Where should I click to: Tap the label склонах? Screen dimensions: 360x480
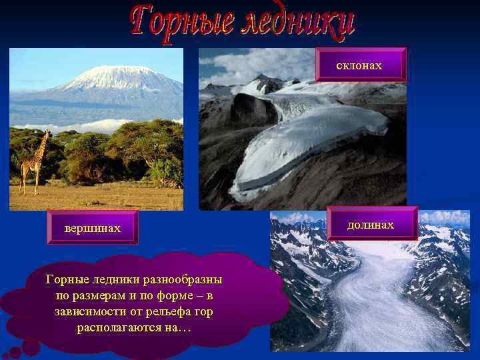[x=360, y=65]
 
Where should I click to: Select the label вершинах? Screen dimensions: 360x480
[x=93, y=229]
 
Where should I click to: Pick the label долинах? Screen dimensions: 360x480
[x=371, y=225]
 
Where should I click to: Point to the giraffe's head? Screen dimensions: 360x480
[x=47, y=133]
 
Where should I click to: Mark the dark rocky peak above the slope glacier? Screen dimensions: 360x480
[x=267, y=83]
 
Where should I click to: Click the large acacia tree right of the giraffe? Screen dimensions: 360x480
[x=143, y=143]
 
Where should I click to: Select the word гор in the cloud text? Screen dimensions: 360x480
[x=204, y=311]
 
